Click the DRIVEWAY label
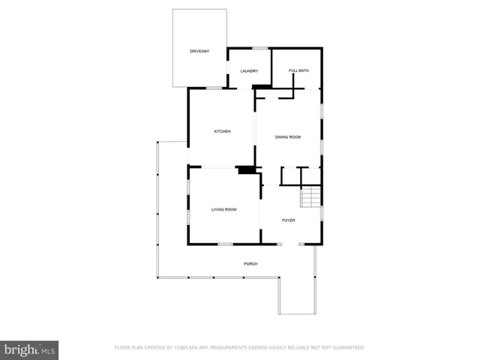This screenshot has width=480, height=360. [199, 51]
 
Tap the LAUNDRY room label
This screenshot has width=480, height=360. [249, 71]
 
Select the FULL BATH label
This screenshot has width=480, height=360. [298, 71]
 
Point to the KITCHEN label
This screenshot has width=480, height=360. [222, 131]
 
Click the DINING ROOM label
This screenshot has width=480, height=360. [288, 136]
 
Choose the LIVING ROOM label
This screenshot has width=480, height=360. [223, 209]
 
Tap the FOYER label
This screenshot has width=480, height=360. [289, 220]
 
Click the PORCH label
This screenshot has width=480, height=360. [250, 263]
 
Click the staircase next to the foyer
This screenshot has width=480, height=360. [310, 198]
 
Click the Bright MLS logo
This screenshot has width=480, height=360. [29, 349]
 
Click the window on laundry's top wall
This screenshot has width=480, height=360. [259, 49]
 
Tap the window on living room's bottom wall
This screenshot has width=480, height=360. [225, 244]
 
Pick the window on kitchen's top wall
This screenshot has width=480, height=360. [214, 88]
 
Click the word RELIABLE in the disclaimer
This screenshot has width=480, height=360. [293, 347]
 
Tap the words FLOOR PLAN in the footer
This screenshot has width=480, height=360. [128, 347]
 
